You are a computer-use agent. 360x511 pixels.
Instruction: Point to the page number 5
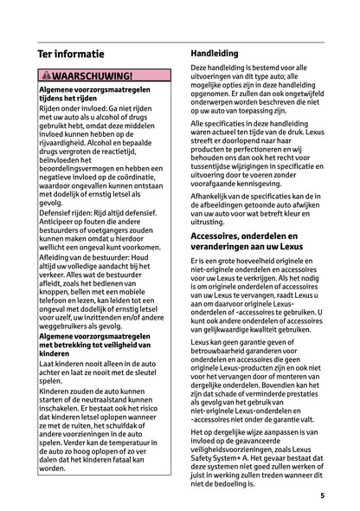click(x=321, y=496)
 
